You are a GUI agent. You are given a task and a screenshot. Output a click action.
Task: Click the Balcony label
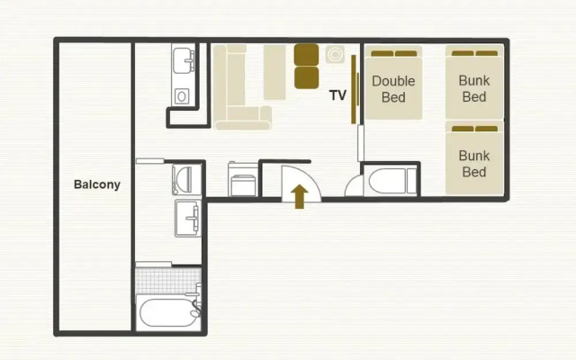click(97, 184)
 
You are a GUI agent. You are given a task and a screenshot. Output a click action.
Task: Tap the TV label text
click(337, 95)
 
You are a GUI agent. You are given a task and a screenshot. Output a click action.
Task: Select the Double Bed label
click(393, 89)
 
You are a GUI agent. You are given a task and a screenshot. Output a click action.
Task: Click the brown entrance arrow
click(300, 196)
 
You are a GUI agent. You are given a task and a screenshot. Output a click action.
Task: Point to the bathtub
click(168, 312)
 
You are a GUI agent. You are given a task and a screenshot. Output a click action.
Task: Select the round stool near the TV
click(335, 54)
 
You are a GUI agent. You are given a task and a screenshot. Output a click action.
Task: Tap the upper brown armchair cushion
click(306, 55)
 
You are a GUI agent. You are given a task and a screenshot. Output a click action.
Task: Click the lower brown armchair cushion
click(306, 77)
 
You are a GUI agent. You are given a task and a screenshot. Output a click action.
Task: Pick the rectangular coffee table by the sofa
click(274, 72)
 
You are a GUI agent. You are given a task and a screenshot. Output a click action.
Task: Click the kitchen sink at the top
click(184, 60)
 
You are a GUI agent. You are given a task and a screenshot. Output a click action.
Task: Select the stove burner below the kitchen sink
click(182, 96)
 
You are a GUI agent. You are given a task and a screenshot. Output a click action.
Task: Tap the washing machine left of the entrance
click(242, 180)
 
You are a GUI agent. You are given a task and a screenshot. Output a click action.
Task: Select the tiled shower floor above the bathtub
click(168, 281)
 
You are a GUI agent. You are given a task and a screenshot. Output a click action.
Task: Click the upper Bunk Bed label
click(474, 88)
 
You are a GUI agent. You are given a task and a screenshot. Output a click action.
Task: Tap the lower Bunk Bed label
click(474, 164)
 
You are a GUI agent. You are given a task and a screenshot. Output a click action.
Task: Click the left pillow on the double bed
click(382, 54)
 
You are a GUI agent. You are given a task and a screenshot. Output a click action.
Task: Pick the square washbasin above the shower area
click(188, 218)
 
